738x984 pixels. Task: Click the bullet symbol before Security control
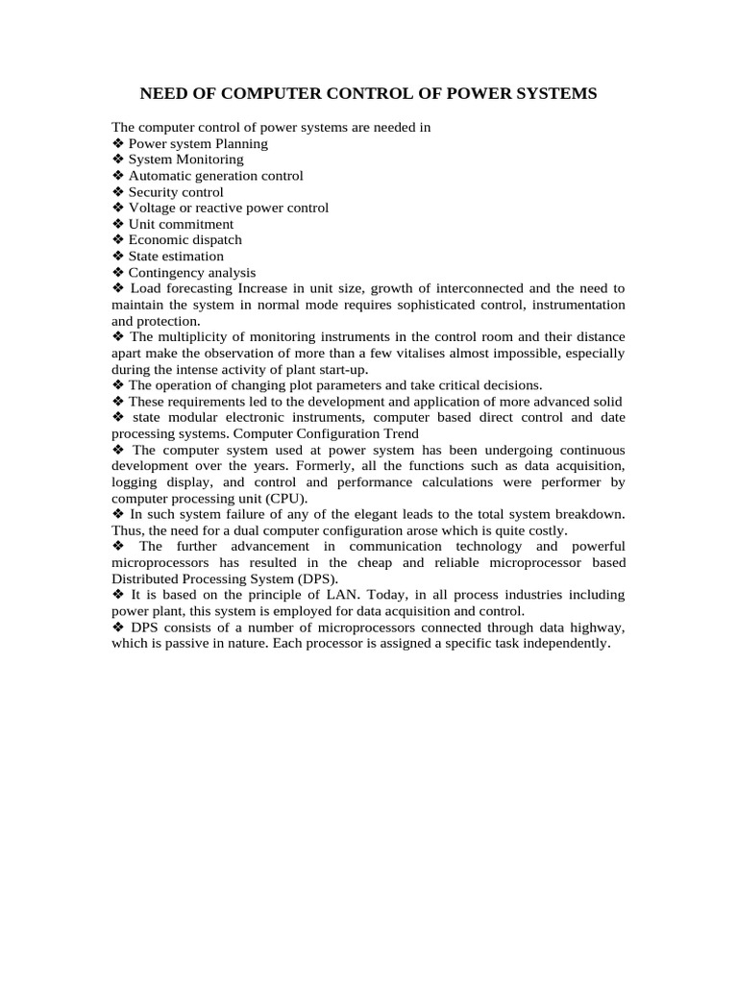click(118, 192)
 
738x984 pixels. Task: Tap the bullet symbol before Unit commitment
click(118, 224)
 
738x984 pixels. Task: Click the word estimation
click(192, 257)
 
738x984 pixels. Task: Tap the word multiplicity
click(198, 337)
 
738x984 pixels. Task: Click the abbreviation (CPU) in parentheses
click(284, 499)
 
